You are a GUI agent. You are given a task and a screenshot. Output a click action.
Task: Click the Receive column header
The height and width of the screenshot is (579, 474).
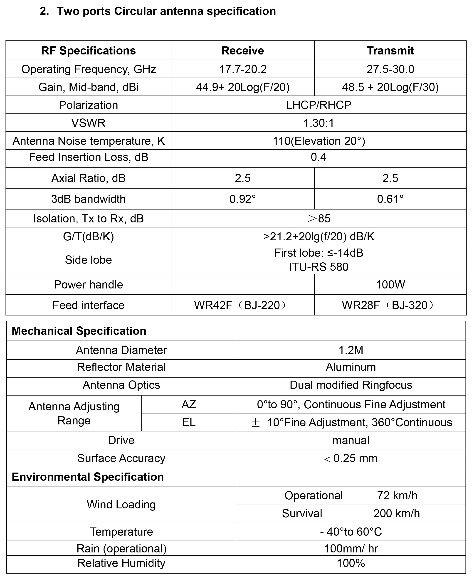click(x=242, y=51)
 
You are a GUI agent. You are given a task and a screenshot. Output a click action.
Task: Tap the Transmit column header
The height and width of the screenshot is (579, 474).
click(x=390, y=51)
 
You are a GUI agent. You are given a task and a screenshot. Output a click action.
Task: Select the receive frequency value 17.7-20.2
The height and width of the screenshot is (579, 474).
click(x=242, y=69)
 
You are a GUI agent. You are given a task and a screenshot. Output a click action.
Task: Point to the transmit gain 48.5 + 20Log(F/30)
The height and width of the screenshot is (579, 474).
click(x=390, y=87)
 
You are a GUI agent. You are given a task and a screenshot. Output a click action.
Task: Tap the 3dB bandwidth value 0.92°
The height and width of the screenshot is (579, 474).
click(x=242, y=199)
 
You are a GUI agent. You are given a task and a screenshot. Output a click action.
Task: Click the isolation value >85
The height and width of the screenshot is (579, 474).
click(x=319, y=219)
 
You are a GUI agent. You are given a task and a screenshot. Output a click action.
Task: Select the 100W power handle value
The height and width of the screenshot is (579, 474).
click(x=390, y=285)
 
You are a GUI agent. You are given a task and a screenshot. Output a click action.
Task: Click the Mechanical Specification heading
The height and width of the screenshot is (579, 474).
click(x=79, y=331)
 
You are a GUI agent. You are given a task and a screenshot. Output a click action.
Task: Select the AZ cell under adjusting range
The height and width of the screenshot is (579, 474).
click(x=189, y=404)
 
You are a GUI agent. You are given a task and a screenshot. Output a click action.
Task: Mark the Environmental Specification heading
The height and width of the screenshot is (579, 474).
click(x=88, y=477)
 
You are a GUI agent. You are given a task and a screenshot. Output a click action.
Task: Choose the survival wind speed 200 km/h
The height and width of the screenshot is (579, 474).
click(x=396, y=513)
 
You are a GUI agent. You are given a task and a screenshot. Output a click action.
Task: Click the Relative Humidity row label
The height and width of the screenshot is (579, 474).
click(x=121, y=563)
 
